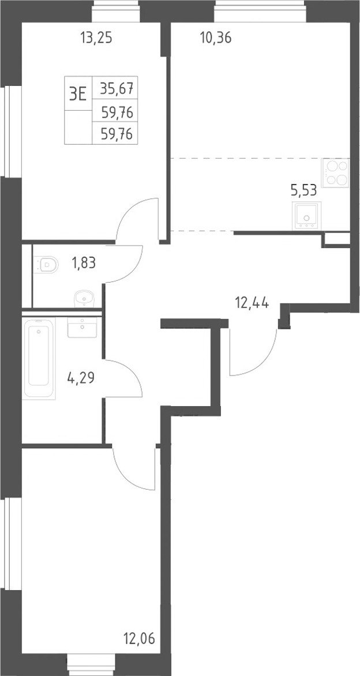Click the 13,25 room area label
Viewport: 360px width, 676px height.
click(x=96, y=39)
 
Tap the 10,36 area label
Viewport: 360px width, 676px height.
click(x=216, y=39)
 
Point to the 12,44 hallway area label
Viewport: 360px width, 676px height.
click(x=252, y=303)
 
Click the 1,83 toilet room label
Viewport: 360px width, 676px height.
click(x=84, y=262)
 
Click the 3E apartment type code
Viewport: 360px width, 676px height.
click(x=78, y=93)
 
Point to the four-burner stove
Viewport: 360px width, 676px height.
click(x=335, y=172)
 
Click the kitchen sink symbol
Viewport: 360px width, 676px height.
click(x=306, y=216)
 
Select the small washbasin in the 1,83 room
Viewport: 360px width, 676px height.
click(x=84, y=298)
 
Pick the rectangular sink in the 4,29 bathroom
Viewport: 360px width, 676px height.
click(x=82, y=327)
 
